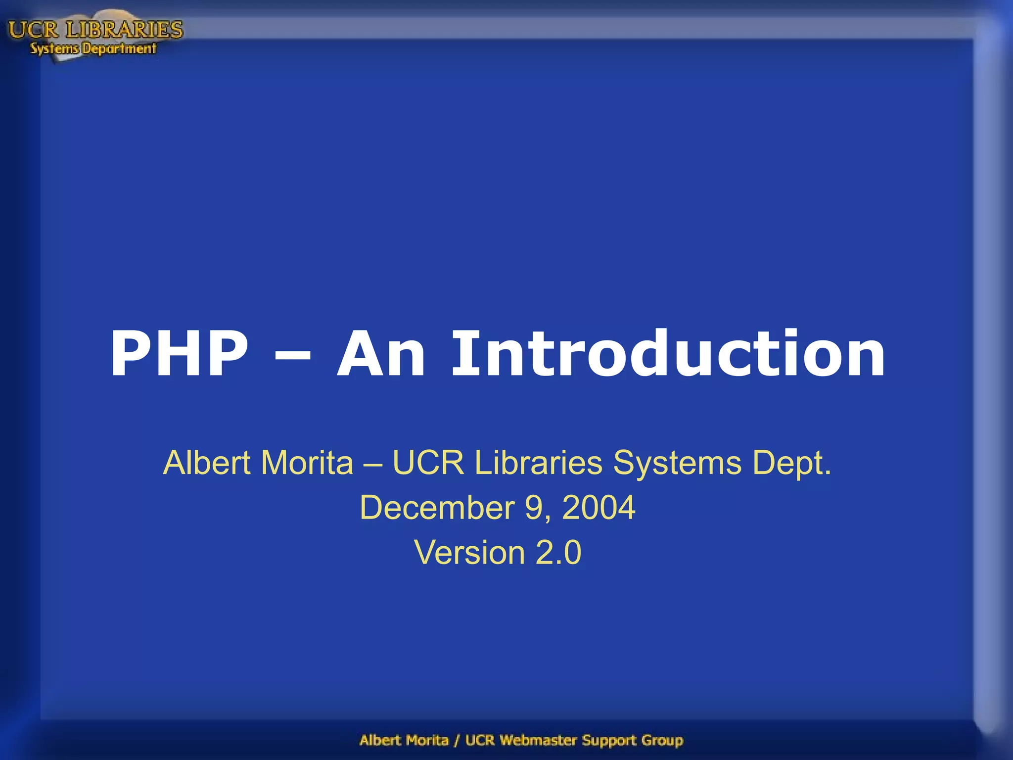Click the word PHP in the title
[179, 354]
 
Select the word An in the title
[381, 354]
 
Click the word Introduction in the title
[668, 354]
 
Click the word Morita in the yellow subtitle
[307, 463]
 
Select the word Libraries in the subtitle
[538, 463]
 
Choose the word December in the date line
[437, 508]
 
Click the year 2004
[599, 508]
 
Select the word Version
[469, 552]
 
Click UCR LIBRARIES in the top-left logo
[95, 30]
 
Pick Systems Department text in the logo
[93, 48]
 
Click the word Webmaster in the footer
[538, 740]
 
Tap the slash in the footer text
[457, 740]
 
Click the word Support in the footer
[609, 741]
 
